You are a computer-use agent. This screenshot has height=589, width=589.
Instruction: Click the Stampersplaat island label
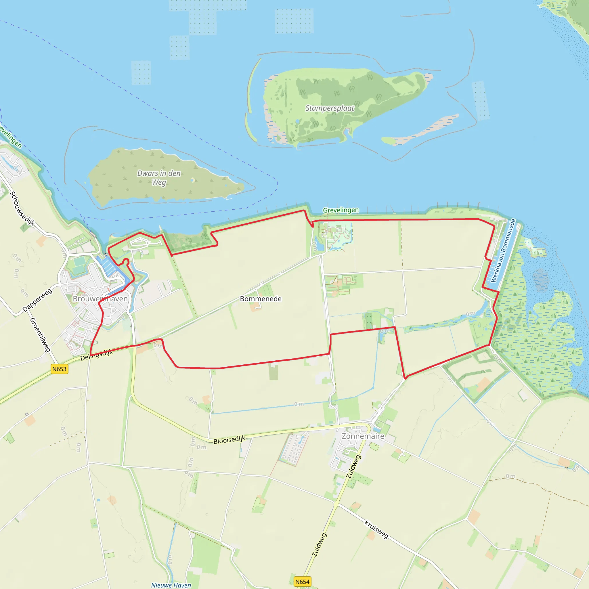tap(330, 108)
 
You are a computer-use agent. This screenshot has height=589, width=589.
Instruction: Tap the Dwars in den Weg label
tap(159, 177)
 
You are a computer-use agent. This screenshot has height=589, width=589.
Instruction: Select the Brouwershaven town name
tap(100, 299)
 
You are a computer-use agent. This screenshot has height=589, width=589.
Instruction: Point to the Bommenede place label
tap(261, 299)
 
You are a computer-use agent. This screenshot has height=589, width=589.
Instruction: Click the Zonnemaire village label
tap(363, 436)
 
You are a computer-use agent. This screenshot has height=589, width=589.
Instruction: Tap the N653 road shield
tap(59, 369)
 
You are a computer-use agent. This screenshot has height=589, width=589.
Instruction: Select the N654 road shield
tap(302, 582)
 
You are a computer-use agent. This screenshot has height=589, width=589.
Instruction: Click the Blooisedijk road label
tap(229, 440)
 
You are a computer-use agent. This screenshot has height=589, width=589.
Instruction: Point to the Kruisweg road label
tap(376, 529)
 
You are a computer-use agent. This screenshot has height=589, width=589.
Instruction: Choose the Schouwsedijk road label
tap(22, 208)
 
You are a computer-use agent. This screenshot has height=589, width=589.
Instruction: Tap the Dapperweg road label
tap(37, 300)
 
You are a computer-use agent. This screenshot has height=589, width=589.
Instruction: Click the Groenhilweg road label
tap(40, 335)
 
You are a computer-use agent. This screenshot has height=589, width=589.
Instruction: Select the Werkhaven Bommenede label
tap(503, 250)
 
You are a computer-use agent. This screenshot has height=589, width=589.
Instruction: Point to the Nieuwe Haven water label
tap(171, 585)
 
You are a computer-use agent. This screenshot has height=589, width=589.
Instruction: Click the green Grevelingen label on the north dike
tap(341, 210)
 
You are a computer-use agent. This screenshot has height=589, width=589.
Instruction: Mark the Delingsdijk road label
tap(96, 355)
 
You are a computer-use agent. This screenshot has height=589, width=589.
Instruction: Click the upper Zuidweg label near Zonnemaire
tap(354, 467)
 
